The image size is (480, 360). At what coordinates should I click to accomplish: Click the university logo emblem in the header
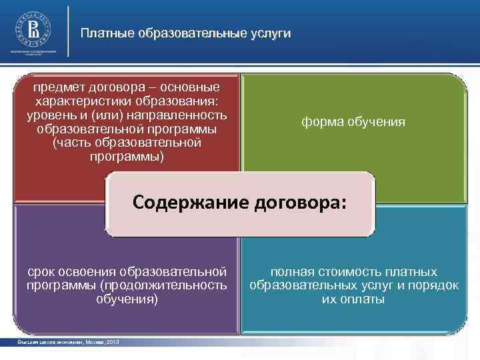tap(31, 29)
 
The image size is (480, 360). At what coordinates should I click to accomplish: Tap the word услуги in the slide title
tap(269, 33)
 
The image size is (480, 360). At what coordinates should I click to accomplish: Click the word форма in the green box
tap(318, 123)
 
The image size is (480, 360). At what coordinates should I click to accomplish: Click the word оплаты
tap(364, 299)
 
